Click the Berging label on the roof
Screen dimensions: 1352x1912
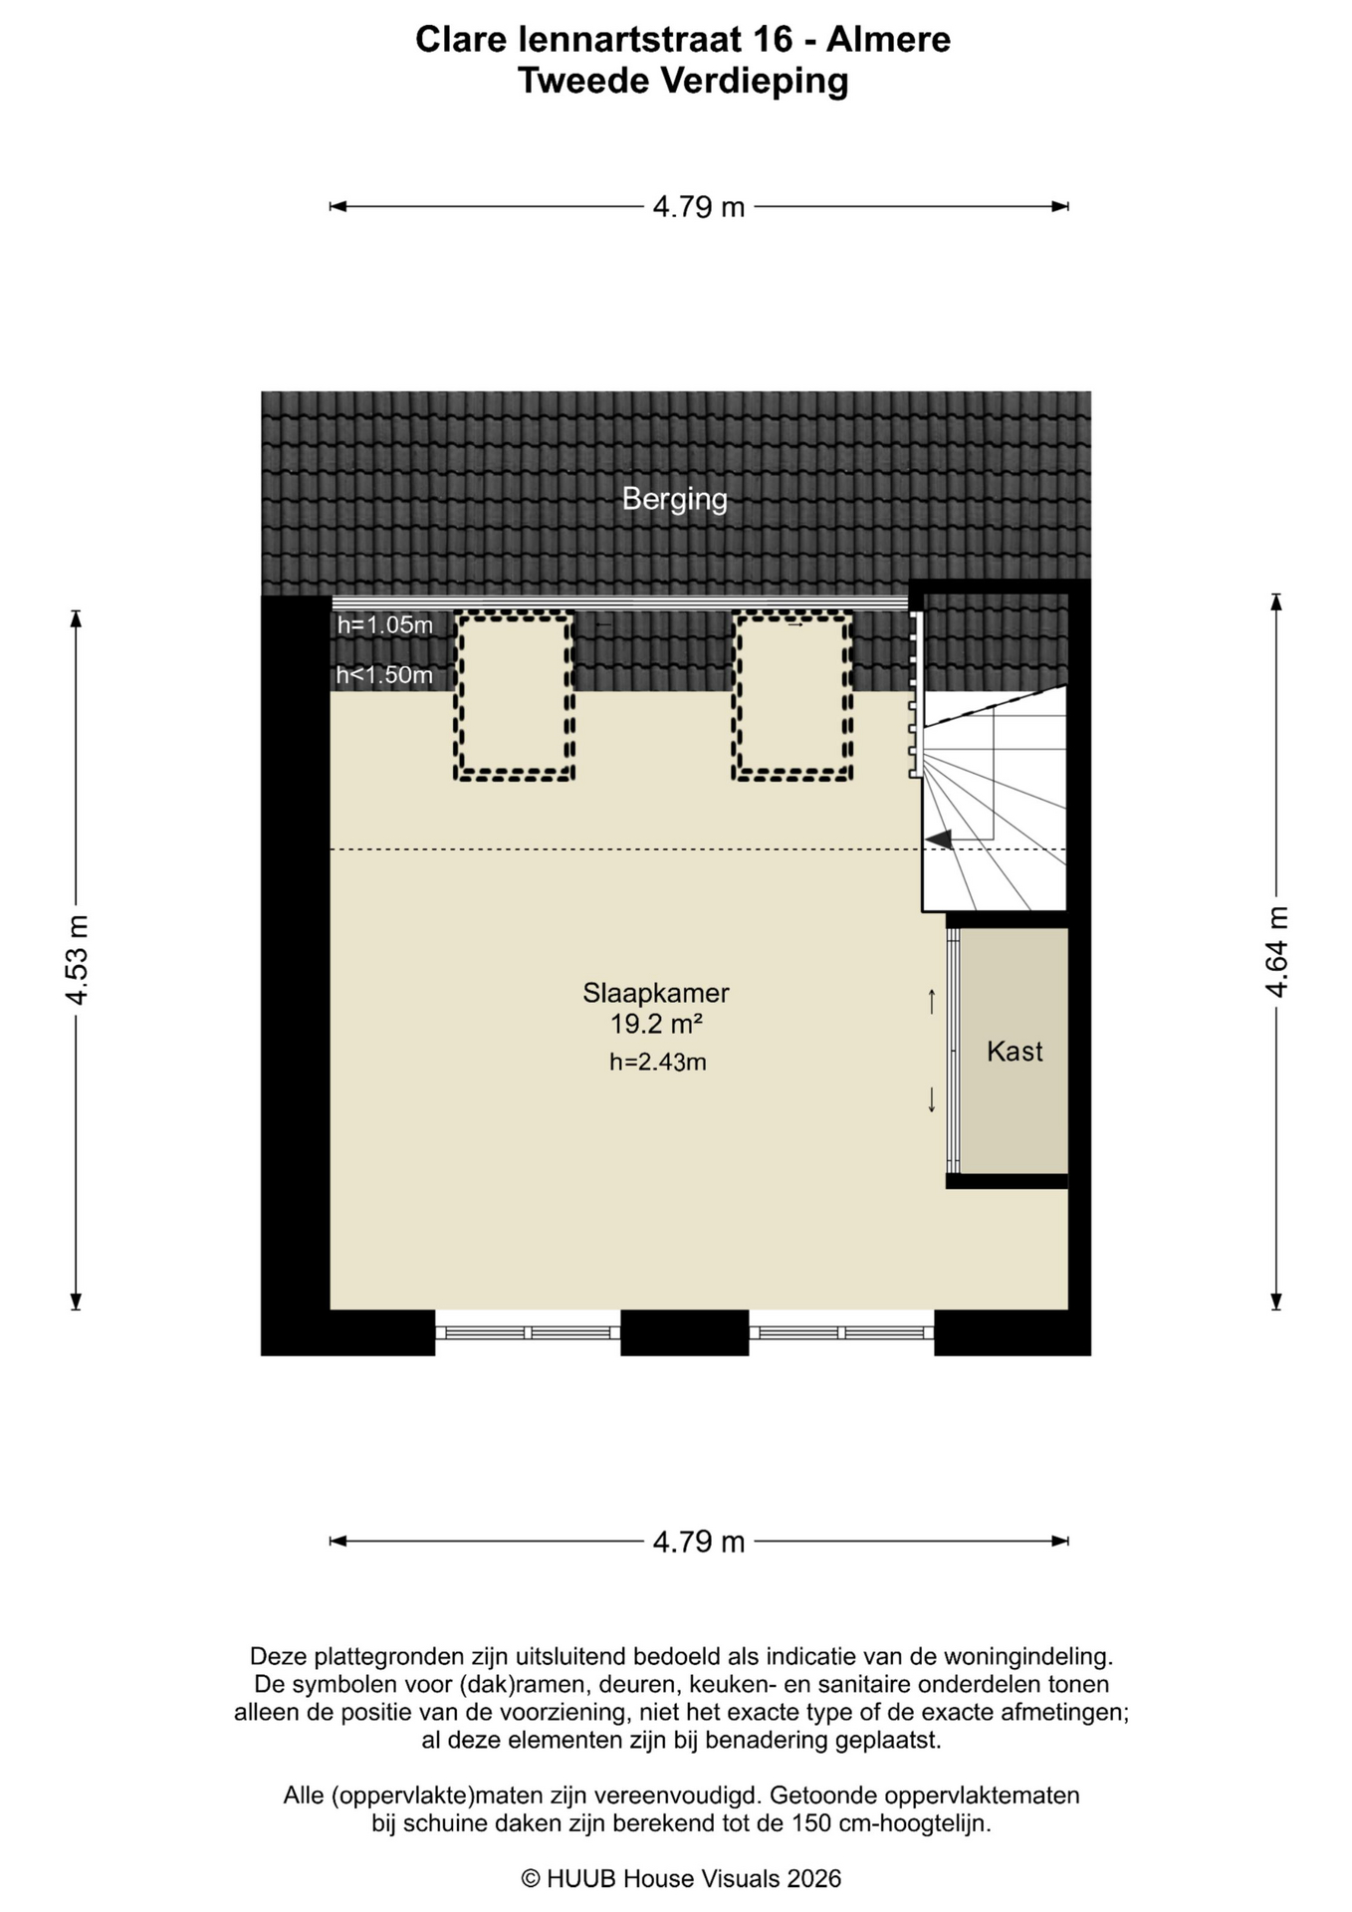click(x=674, y=499)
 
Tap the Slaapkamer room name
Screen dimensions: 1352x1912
click(x=656, y=993)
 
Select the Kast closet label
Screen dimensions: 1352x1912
click(x=1014, y=1052)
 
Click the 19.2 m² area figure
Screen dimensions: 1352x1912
click(x=657, y=1024)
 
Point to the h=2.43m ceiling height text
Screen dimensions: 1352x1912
click(x=658, y=1063)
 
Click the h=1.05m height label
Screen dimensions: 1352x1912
click(x=385, y=625)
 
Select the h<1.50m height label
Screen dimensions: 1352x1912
click(x=384, y=675)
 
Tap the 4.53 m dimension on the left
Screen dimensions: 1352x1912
click(x=78, y=959)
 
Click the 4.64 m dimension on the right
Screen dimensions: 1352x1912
click(x=1277, y=951)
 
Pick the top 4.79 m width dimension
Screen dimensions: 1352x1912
click(x=699, y=207)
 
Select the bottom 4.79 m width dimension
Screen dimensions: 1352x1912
click(x=699, y=1542)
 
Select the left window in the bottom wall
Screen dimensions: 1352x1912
click(x=528, y=1332)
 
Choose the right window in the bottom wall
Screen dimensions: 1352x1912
click(x=841, y=1332)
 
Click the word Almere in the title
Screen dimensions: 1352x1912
click(x=889, y=40)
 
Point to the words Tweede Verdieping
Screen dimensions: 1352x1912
click(x=683, y=81)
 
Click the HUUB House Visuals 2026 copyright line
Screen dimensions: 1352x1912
click(x=682, y=1878)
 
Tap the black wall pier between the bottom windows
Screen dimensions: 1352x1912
click(x=685, y=1332)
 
